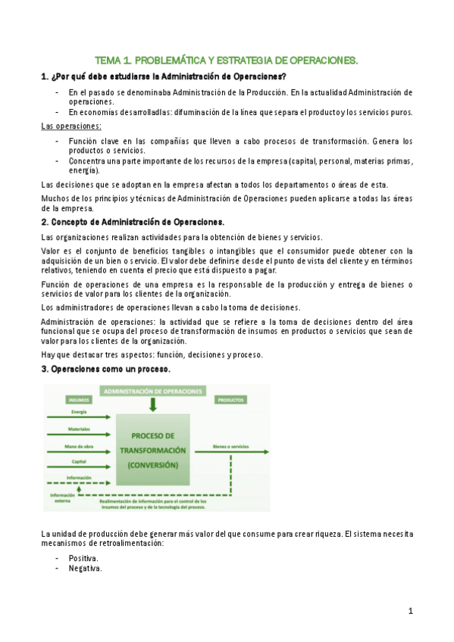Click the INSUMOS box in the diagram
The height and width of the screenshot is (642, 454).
click(x=79, y=399)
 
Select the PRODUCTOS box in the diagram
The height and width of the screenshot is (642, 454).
click(x=230, y=399)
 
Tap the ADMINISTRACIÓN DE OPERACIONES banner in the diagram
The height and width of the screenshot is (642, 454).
click(x=153, y=391)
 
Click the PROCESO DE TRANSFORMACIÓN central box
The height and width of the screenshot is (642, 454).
click(x=153, y=450)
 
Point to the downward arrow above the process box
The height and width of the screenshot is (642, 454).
click(x=153, y=405)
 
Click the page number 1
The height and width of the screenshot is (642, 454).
click(x=410, y=610)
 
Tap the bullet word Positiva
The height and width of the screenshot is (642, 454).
click(x=84, y=558)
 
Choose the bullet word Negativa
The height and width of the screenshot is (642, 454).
click(x=85, y=569)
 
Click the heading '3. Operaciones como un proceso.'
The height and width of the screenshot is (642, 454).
click(x=105, y=369)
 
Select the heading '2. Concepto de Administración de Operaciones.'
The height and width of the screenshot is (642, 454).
click(x=133, y=222)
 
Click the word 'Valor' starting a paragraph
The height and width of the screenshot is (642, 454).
click(x=51, y=251)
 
